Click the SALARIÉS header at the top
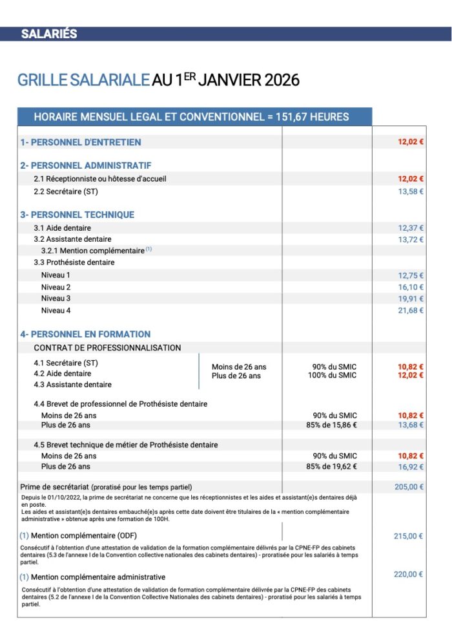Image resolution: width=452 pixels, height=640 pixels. click(x=49, y=34)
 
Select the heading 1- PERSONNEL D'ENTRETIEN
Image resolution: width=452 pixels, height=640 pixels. click(x=81, y=142)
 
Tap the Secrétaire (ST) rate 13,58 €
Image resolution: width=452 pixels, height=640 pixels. click(x=411, y=191)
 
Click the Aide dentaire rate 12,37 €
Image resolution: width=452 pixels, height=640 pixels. click(x=411, y=228)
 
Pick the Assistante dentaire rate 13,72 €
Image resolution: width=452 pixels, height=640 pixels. click(x=411, y=240)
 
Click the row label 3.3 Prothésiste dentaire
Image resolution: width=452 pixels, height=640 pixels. click(x=74, y=262)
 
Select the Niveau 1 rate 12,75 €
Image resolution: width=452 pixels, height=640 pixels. click(x=411, y=275)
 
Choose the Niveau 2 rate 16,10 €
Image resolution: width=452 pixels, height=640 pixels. click(x=411, y=287)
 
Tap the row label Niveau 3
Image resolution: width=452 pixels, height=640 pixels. click(x=56, y=299)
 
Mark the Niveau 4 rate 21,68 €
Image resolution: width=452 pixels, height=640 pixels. click(x=411, y=310)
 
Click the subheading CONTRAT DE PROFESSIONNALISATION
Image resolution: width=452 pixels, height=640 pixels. click(x=107, y=348)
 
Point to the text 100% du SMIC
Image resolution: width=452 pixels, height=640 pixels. click(x=332, y=376)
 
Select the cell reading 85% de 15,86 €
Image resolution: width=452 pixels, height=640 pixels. click(x=331, y=425)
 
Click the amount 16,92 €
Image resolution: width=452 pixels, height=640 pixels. click(x=411, y=467)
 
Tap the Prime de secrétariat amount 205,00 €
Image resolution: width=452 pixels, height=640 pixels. click(x=409, y=487)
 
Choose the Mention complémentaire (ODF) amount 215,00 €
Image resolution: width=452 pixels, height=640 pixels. click(x=409, y=536)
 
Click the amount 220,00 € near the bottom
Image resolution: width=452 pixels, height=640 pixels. click(x=409, y=574)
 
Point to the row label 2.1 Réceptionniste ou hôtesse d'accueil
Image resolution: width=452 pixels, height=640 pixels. click(x=103, y=179)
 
